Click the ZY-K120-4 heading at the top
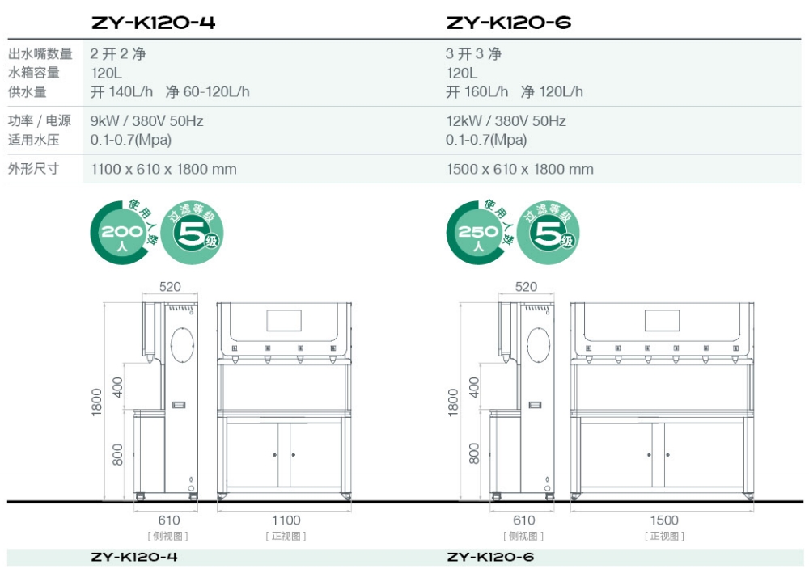pyautogui.click(x=153, y=23)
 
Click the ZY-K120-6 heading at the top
pyautogui.click(x=509, y=23)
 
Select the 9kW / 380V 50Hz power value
pyautogui.click(x=146, y=121)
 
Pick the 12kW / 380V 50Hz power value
pyautogui.click(x=506, y=121)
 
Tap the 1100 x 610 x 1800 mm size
pyautogui.click(x=163, y=170)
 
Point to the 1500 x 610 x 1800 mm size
pyautogui.click(x=519, y=170)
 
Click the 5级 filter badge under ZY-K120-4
pyautogui.click(x=193, y=234)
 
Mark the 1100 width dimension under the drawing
pyautogui.click(x=286, y=520)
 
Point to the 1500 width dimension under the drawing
pyautogui.click(x=663, y=520)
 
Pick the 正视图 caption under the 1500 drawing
pyautogui.click(x=663, y=536)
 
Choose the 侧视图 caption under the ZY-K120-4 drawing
pyautogui.click(x=168, y=536)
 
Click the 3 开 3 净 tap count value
pyautogui.click(x=473, y=54)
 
